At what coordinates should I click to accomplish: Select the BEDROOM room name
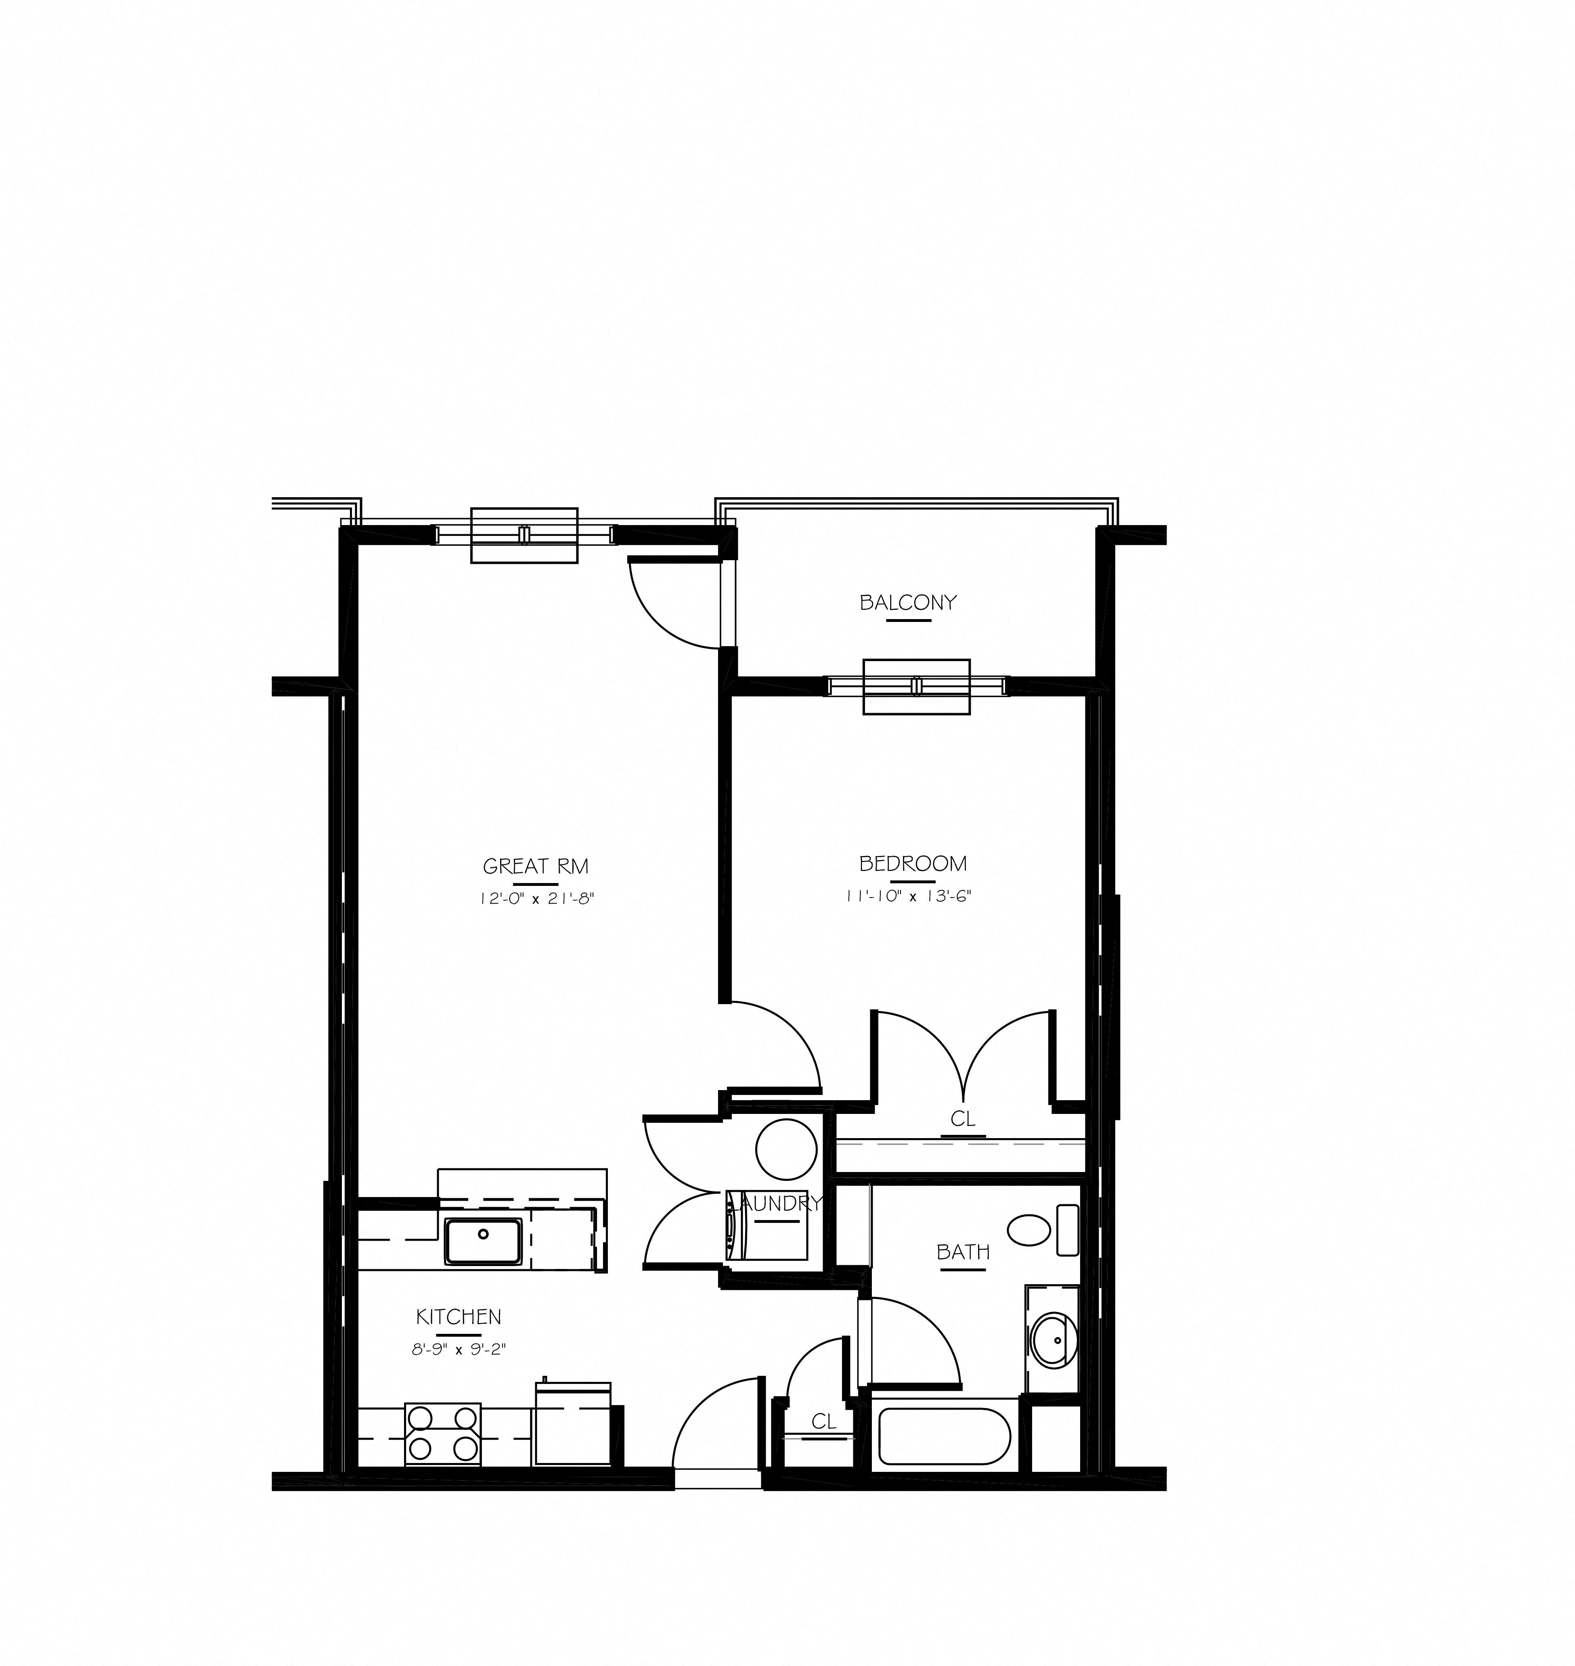point(913,864)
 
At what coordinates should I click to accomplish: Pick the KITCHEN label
point(459,1317)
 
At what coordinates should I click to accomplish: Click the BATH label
point(963,1252)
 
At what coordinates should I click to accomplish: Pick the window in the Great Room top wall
point(524,535)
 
